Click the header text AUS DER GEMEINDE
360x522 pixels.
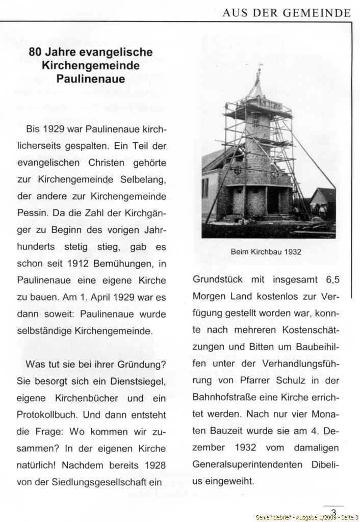coord(287,13)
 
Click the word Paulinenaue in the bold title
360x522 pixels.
coord(91,80)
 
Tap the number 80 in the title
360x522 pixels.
coord(35,52)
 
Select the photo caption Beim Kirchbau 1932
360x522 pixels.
coord(266,252)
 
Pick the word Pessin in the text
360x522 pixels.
coord(31,212)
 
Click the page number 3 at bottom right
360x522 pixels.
coord(333,512)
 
